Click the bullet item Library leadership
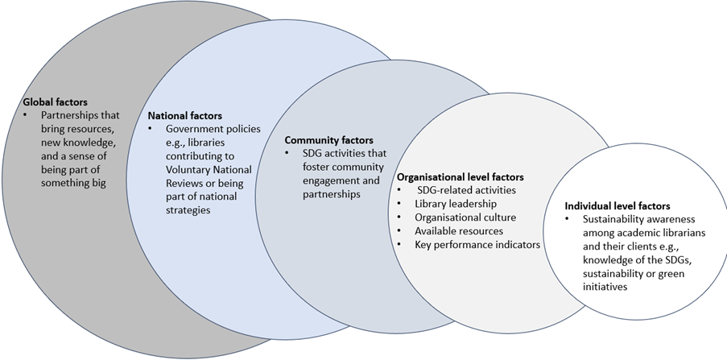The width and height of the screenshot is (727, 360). coord(456,204)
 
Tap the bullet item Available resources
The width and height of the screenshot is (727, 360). coord(459,231)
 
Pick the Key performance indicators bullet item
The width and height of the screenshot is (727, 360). coord(477,244)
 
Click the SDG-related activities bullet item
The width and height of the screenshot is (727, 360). coord(467,190)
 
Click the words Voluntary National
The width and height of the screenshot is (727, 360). coord(209,169)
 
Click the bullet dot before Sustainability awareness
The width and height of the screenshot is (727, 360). coord(569,219)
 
